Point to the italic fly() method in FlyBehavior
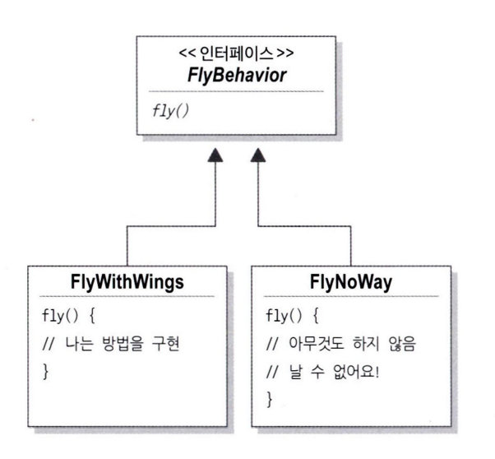pyautogui.click(x=166, y=107)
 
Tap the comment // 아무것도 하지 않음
pyautogui.click(x=345, y=343)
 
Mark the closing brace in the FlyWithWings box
pyautogui.click(x=44, y=372)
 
